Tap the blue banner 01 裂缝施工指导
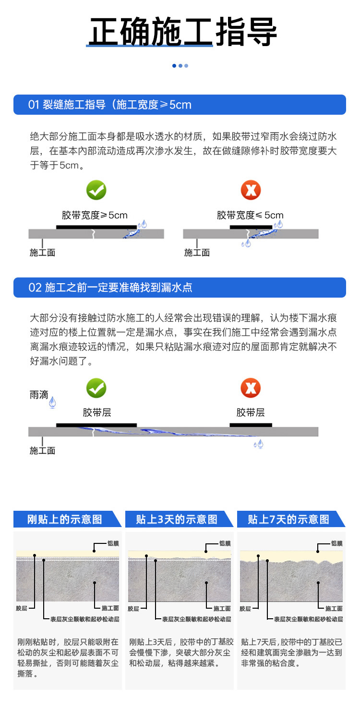[x=180, y=105]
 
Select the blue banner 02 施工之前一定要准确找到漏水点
[x=180, y=288]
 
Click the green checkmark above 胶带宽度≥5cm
[x=96, y=190]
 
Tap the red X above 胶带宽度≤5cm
[x=251, y=190]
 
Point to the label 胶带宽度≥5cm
[x=95, y=215]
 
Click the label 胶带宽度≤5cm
[x=250, y=215]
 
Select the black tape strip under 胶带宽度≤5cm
[x=251, y=227]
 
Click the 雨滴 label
[x=38, y=395]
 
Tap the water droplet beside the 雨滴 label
[x=52, y=403]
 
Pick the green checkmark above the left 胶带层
[x=96, y=388]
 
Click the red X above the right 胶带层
[x=251, y=388]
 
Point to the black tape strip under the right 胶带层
[x=251, y=425]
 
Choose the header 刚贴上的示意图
[x=65, y=519]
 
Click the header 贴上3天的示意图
[x=177, y=519]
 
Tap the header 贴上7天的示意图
[x=288, y=519]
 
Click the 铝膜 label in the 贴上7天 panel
[x=337, y=543]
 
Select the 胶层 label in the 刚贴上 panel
[x=22, y=608]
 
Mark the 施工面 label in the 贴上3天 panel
[x=222, y=608]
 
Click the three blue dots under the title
[x=180, y=65]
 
